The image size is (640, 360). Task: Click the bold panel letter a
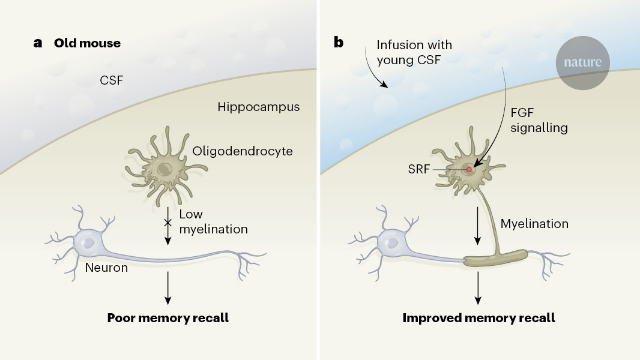pyautogui.click(x=38, y=43)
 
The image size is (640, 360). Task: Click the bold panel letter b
pyautogui.click(x=339, y=43)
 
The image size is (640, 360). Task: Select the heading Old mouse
pyautogui.click(x=87, y=43)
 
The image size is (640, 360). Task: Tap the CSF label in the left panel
pyautogui.click(x=111, y=80)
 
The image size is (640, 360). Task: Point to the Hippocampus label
pyautogui.click(x=258, y=107)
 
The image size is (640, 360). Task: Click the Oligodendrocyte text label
pyautogui.click(x=243, y=151)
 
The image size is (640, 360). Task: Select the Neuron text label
pyautogui.click(x=106, y=268)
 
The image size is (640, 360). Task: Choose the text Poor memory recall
pyautogui.click(x=168, y=317)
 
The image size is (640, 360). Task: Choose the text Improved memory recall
pyautogui.click(x=478, y=317)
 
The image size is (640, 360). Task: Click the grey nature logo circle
pyautogui.click(x=582, y=62)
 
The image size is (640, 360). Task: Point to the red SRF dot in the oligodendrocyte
pyautogui.click(x=469, y=170)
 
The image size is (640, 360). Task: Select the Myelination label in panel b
pyautogui.click(x=534, y=224)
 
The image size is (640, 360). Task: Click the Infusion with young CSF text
pyautogui.click(x=414, y=52)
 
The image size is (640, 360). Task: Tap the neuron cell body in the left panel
pyautogui.click(x=88, y=244)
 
